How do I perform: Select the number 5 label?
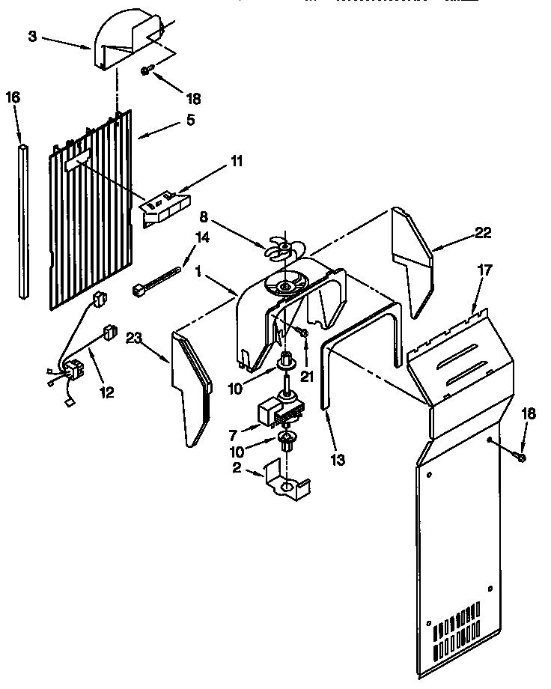191,120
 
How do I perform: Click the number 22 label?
483,233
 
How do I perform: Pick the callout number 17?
485,270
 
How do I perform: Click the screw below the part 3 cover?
146,70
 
